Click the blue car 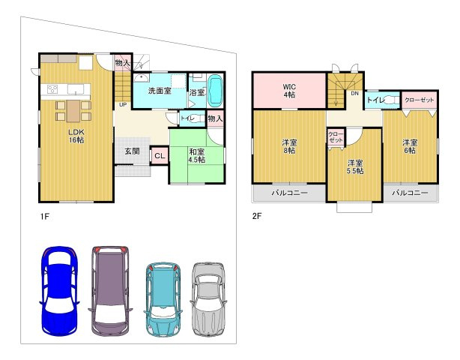coord(59,291)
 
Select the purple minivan coord(110,291)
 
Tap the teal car coord(163,299)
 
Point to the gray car coord(208,299)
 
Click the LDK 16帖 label coord(76,136)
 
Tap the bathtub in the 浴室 coord(216,90)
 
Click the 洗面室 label coord(160,91)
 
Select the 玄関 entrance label coord(133,151)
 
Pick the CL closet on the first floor coord(160,156)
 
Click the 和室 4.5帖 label coord(197,156)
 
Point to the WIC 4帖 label coord(289,91)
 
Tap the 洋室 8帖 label coord(289,147)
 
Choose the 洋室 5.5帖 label coord(355,166)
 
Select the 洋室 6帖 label coord(410,146)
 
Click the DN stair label coord(355,94)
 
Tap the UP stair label coord(123,104)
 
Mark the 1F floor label coord(45,217)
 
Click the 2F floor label coord(257,217)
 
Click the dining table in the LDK coord(73,111)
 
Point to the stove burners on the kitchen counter coord(52,89)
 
